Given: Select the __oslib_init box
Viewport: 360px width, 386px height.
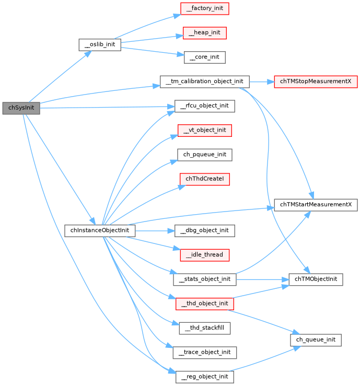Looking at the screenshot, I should [x=100, y=44].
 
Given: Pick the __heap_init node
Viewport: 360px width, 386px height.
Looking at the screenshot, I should [x=204, y=33].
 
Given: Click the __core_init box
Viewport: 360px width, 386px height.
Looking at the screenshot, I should [x=204, y=57].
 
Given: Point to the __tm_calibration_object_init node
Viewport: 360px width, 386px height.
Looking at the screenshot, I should [x=204, y=82].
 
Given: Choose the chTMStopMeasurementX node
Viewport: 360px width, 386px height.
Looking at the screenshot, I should [x=316, y=82].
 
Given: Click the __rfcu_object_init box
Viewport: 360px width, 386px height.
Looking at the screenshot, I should [x=204, y=106].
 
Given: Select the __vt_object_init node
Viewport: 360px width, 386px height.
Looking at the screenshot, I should [x=204, y=130].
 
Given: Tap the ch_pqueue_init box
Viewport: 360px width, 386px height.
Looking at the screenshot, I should [x=204, y=155].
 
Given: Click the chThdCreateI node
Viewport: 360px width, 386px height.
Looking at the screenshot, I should [x=204, y=179].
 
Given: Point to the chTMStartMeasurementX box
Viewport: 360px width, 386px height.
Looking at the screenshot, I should [x=316, y=205].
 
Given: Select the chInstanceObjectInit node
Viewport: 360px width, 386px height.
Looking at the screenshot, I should [x=100, y=230].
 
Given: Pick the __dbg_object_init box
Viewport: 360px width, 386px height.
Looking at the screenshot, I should [x=204, y=230].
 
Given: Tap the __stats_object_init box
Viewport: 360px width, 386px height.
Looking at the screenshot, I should [x=204, y=279].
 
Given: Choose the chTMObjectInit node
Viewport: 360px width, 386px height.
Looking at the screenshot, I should [x=316, y=279].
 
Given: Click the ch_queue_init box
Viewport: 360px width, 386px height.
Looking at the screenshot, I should [x=316, y=340].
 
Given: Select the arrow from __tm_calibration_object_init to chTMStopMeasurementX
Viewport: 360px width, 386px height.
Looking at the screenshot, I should [x=261, y=82].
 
